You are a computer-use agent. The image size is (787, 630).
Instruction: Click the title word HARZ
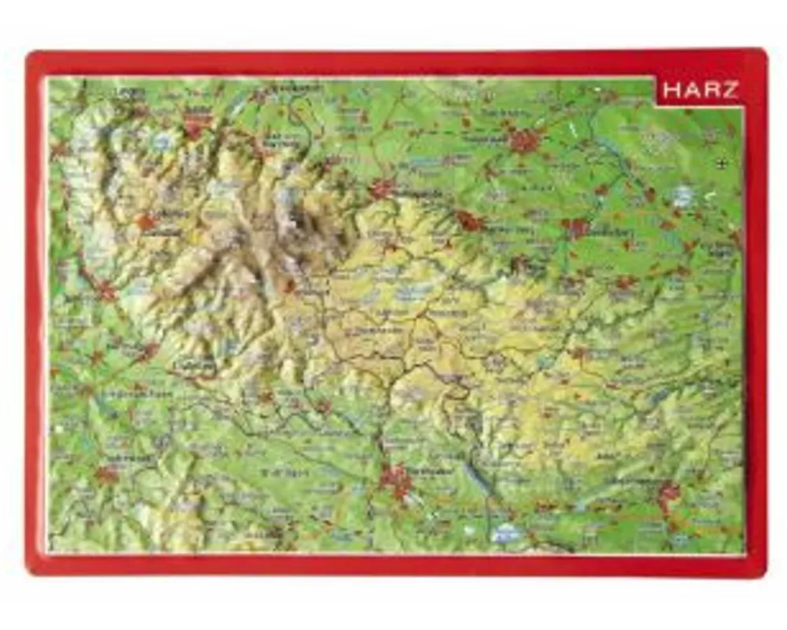(x=700, y=90)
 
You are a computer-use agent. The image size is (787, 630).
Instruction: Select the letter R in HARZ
(x=711, y=90)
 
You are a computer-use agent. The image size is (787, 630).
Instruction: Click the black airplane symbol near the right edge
(x=722, y=163)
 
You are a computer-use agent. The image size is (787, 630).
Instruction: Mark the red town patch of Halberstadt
(x=523, y=141)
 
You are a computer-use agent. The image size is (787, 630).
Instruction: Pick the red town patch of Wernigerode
(x=383, y=188)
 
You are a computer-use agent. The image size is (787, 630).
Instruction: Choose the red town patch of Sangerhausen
(x=670, y=494)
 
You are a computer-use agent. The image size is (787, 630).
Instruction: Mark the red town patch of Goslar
(x=197, y=126)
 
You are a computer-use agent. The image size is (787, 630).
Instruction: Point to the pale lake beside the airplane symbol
(x=683, y=195)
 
